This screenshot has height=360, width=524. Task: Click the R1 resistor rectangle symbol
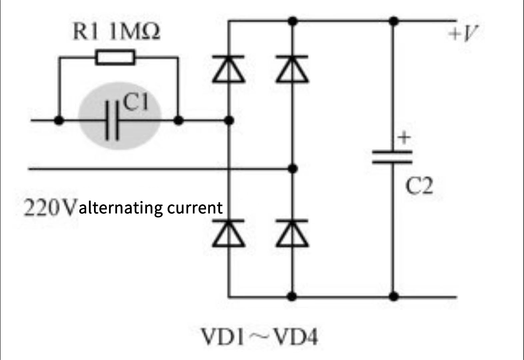[x=115, y=57]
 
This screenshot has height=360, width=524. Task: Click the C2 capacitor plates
[x=392, y=157]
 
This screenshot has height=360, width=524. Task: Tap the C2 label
[x=419, y=186]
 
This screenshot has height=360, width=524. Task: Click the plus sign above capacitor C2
[x=404, y=137]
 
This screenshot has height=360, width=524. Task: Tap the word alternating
[x=121, y=208]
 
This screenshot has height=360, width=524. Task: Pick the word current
[x=195, y=208]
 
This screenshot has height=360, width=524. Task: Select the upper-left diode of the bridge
[x=229, y=69]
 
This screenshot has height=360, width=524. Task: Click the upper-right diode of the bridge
[x=292, y=69]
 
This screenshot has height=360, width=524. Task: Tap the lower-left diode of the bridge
[x=229, y=233]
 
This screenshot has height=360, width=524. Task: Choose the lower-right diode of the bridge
[x=292, y=233]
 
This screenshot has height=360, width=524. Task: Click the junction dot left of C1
[x=59, y=121]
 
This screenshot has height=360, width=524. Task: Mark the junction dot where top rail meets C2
[x=393, y=21]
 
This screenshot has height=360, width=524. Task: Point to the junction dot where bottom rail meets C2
[x=393, y=297]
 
